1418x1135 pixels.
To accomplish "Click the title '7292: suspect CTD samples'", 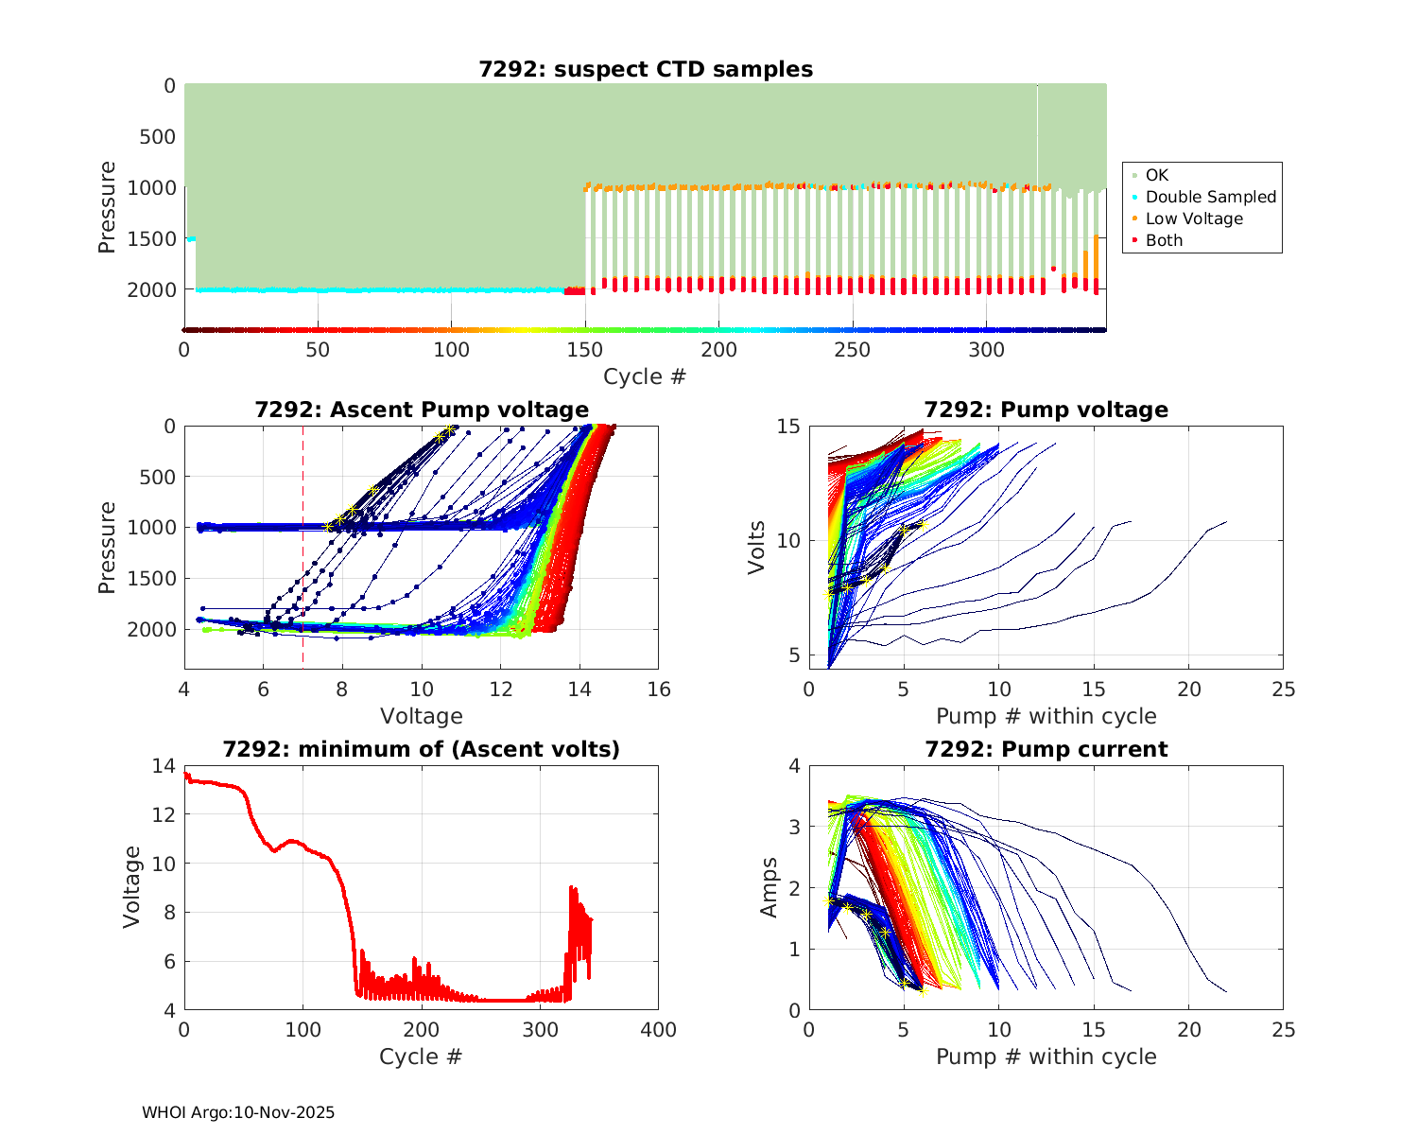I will [646, 69].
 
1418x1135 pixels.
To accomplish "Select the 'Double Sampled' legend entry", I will [1210, 197].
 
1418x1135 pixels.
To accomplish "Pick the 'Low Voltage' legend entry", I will [1194, 218].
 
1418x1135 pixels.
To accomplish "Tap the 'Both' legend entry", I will [1164, 240].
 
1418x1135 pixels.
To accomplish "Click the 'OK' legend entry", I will [1156, 175].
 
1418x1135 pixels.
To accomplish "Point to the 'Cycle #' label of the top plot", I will [645, 376].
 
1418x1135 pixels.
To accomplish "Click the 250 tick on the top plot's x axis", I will [853, 350].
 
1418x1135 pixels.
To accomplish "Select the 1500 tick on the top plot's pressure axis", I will [157, 238].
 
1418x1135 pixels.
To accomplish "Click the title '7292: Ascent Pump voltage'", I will [422, 410].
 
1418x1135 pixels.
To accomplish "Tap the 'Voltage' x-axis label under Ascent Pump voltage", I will [422, 716].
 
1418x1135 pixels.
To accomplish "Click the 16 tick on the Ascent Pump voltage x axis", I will [659, 690].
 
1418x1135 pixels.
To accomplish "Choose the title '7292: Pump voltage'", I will [1046, 410].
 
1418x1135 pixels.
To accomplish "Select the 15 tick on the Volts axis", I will [788, 427].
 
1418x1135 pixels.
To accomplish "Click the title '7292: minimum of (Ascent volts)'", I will [422, 749].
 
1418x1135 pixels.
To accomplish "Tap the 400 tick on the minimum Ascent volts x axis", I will [659, 1030].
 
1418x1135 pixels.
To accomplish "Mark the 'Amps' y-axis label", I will [770, 887].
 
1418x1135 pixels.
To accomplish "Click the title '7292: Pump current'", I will [1046, 749].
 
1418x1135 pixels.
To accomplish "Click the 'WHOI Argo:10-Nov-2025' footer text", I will [238, 1112].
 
